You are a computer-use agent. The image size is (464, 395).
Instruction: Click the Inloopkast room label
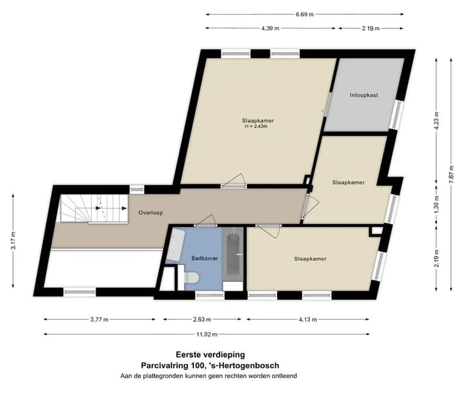click(364, 95)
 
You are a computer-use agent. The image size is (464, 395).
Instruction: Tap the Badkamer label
click(204, 258)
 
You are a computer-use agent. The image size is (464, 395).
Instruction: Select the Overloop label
click(151, 213)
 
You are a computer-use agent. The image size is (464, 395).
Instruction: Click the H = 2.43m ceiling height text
click(256, 126)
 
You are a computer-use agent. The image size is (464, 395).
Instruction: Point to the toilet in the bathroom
click(188, 278)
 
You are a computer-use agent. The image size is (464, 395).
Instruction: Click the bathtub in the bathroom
click(233, 255)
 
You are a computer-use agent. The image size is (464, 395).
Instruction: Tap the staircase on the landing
click(94, 208)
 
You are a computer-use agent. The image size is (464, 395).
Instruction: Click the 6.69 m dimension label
click(304, 14)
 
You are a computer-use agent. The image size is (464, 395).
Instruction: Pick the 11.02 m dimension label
click(207, 334)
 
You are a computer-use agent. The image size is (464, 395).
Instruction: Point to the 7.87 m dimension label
click(451, 174)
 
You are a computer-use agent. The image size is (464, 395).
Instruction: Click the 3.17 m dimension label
click(14, 241)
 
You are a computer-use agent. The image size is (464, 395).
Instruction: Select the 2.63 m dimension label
click(202, 320)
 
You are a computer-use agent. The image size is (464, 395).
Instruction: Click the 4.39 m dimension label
click(270, 28)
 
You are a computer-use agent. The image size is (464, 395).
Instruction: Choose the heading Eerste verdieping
click(210, 354)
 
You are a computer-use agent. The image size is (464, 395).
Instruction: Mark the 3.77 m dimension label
click(99, 320)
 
